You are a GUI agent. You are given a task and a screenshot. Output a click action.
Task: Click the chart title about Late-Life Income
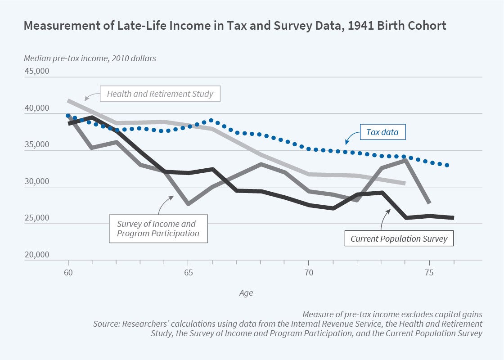coord(234,26)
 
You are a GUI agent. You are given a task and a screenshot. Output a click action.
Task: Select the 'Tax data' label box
coord(383,133)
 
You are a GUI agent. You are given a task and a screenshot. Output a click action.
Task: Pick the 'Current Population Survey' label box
coord(399,238)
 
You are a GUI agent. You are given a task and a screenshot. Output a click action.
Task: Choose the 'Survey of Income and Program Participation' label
coord(159,228)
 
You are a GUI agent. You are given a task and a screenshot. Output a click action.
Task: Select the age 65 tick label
coord(188,273)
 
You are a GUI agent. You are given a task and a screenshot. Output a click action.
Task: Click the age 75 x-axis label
coord(429,273)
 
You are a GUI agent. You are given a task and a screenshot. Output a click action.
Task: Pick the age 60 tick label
coord(68,273)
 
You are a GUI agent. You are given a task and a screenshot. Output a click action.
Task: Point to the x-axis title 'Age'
coord(246,293)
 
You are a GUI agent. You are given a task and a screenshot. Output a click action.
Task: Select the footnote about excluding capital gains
coord(392,314)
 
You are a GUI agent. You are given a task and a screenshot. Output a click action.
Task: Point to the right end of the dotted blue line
coord(447,165)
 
